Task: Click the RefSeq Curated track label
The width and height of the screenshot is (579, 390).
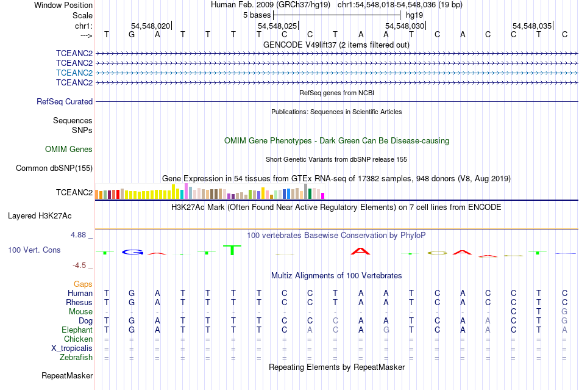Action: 65,102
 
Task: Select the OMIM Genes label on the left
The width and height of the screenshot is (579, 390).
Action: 69,150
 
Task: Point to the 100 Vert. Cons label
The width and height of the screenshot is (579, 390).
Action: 34,250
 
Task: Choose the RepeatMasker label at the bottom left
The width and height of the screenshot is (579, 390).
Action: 67,375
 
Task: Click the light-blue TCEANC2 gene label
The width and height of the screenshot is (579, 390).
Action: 74,73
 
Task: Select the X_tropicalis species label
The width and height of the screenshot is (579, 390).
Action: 72,348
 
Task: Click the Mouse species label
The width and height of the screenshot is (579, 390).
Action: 80,312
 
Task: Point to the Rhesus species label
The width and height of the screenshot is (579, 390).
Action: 79,303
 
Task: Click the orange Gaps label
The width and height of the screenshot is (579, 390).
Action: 83,284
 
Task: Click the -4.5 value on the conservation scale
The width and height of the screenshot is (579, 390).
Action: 82,265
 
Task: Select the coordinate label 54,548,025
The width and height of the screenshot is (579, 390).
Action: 277,26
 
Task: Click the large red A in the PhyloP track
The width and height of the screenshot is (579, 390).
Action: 360,250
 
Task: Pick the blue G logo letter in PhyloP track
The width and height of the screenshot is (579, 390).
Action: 132,252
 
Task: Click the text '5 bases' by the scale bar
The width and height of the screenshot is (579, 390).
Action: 256,14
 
